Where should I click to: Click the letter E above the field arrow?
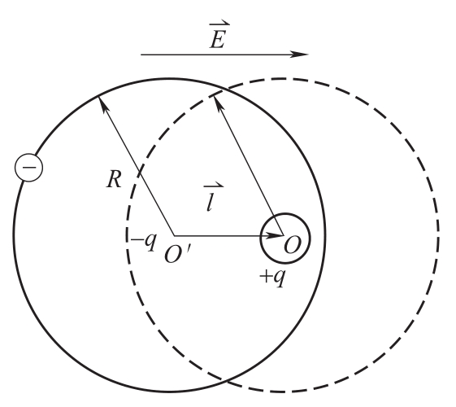[218, 40]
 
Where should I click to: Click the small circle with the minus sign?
[28, 168]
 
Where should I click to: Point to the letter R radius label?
[114, 179]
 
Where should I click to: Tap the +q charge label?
[273, 277]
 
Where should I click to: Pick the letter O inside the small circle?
[293, 245]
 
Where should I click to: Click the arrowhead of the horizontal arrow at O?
[275, 235]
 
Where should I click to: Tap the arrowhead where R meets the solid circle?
[103, 103]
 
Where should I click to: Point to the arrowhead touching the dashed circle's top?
[218, 103]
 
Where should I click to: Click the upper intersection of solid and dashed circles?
[224, 90]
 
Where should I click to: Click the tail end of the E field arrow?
[141, 55]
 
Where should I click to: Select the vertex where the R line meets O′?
[174, 235]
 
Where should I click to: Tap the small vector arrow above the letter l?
[214, 185]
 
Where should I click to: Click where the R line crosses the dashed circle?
[139, 174]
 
